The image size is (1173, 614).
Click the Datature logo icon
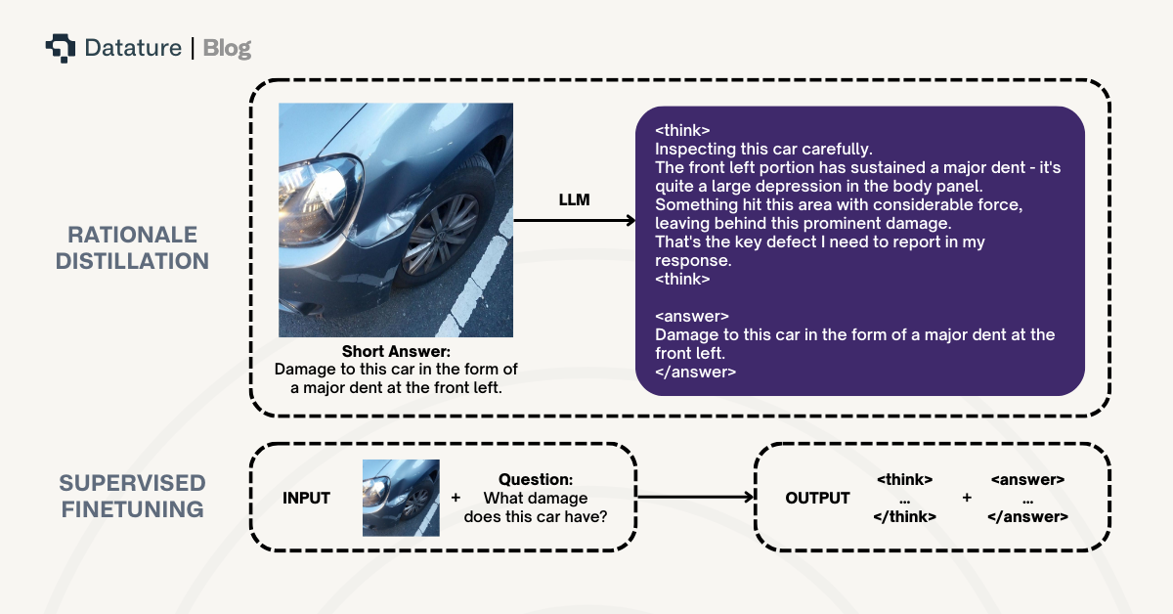click(x=60, y=47)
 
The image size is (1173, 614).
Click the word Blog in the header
click(x=227, y=48)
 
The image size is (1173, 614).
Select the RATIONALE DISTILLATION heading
click(x=132, y=248)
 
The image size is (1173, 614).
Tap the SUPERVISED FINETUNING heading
click(x=132, y=497)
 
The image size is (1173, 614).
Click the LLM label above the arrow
click(x=574, y=200)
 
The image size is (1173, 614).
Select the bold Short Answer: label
click(x=396, y=352)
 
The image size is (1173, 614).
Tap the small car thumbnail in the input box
click(x=401, y=498)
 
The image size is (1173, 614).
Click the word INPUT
click(x=306, y=499)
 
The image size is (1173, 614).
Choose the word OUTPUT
click(x=817, y=499)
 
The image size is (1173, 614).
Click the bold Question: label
click(x=536, y=479)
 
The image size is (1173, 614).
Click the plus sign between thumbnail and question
click(x=456, y=498)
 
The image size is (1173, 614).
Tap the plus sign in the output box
click(x=967, y=498)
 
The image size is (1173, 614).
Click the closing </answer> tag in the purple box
click(x=695, y=373)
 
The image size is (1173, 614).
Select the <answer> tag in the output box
click(x=1027, y=480)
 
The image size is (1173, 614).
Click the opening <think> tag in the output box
click(x=904, y=480)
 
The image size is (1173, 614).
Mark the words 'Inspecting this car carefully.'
click(x=762, y=150)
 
